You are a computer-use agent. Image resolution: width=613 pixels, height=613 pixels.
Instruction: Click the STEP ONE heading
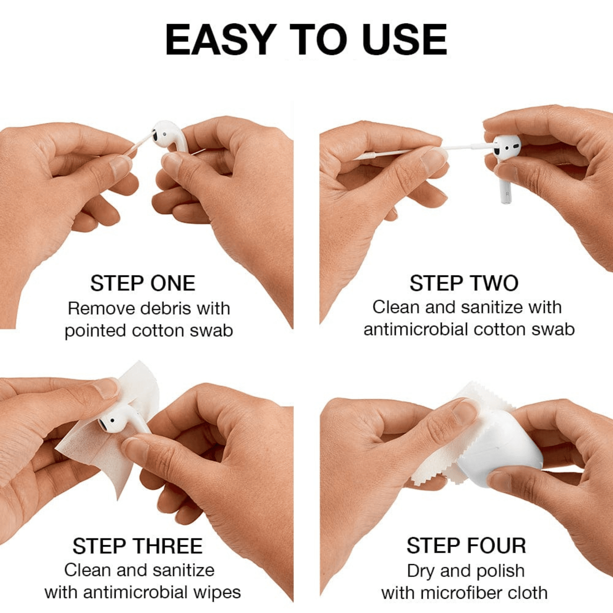(x=143, y=283)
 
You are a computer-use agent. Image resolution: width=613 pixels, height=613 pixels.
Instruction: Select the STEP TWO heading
(x=464, y=283)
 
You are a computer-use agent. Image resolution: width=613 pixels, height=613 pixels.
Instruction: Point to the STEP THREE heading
(x=137, y=546)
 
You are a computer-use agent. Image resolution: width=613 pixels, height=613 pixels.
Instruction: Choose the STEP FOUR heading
(x=466, y=546)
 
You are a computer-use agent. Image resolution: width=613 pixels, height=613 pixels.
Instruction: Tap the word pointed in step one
(x=95, y=331)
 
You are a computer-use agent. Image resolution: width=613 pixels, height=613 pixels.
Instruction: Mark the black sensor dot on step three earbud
(x=112, y=421)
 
